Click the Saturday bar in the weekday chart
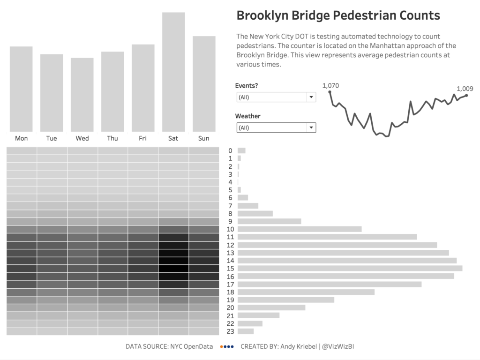pyautogui.click(x=173, y=72)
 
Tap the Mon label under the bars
pyautogui.click(x=21, y=138)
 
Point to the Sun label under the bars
pyautogui.click(x=203, y=138)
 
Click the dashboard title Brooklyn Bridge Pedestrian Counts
pyautogui.click(x=338, y=15)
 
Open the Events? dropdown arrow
pyautogui.click(x=311, y=97)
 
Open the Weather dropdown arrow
pyautogui.click(x=311, y=127)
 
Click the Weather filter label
pyautogui.click(x=247, y=116)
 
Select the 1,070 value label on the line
pyautogui.click(x=330, y=85)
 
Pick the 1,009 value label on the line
pyautogui.click(x=465, y=89)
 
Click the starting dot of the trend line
pyautogui.click(x=330, y=92)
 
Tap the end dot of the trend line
pyautogui.click(x=466, y=96)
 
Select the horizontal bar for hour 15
pyautogui.click(x=350, y=268)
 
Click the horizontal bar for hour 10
pyautogui.click(x=300, y=229)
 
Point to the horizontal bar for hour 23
pyautogui.click(x=246, y=331)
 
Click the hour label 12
pyautogui.click(x=230, y=245)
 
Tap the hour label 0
pyautogui.click(x=230, y=150)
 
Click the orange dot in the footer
pyautogui.click(x=221, y=347)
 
